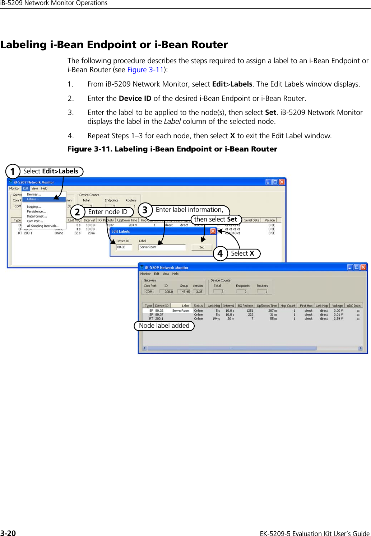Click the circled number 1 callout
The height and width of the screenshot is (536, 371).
(13, 172)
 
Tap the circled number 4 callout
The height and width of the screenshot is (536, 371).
(220, 253)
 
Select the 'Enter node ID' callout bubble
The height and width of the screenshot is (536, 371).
(108, 212)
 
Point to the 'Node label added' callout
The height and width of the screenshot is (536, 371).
(164, 326)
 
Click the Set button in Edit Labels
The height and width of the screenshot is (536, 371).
(201, 247)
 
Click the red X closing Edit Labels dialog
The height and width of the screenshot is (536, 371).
(213, 231)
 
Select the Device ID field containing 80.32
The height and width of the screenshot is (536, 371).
(124, 247)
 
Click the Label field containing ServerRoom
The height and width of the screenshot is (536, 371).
(162, 247)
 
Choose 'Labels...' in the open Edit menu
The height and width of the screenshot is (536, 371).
(33, 199)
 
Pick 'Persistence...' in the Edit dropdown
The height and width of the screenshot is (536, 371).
(36, 211)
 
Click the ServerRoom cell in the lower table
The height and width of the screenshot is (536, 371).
(181, 311)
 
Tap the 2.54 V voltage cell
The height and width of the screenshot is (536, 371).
(338, 318)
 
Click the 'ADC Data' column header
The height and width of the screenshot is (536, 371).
(353, 306)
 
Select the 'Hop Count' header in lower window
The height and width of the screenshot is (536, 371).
(288, 306)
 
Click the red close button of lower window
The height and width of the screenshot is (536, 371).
(363, 267)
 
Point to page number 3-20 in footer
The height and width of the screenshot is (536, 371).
(8, 533)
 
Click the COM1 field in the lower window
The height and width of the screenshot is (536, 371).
(150, 292)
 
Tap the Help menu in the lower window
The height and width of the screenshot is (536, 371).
(175, 274)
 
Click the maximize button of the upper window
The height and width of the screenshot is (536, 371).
(275, 182)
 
